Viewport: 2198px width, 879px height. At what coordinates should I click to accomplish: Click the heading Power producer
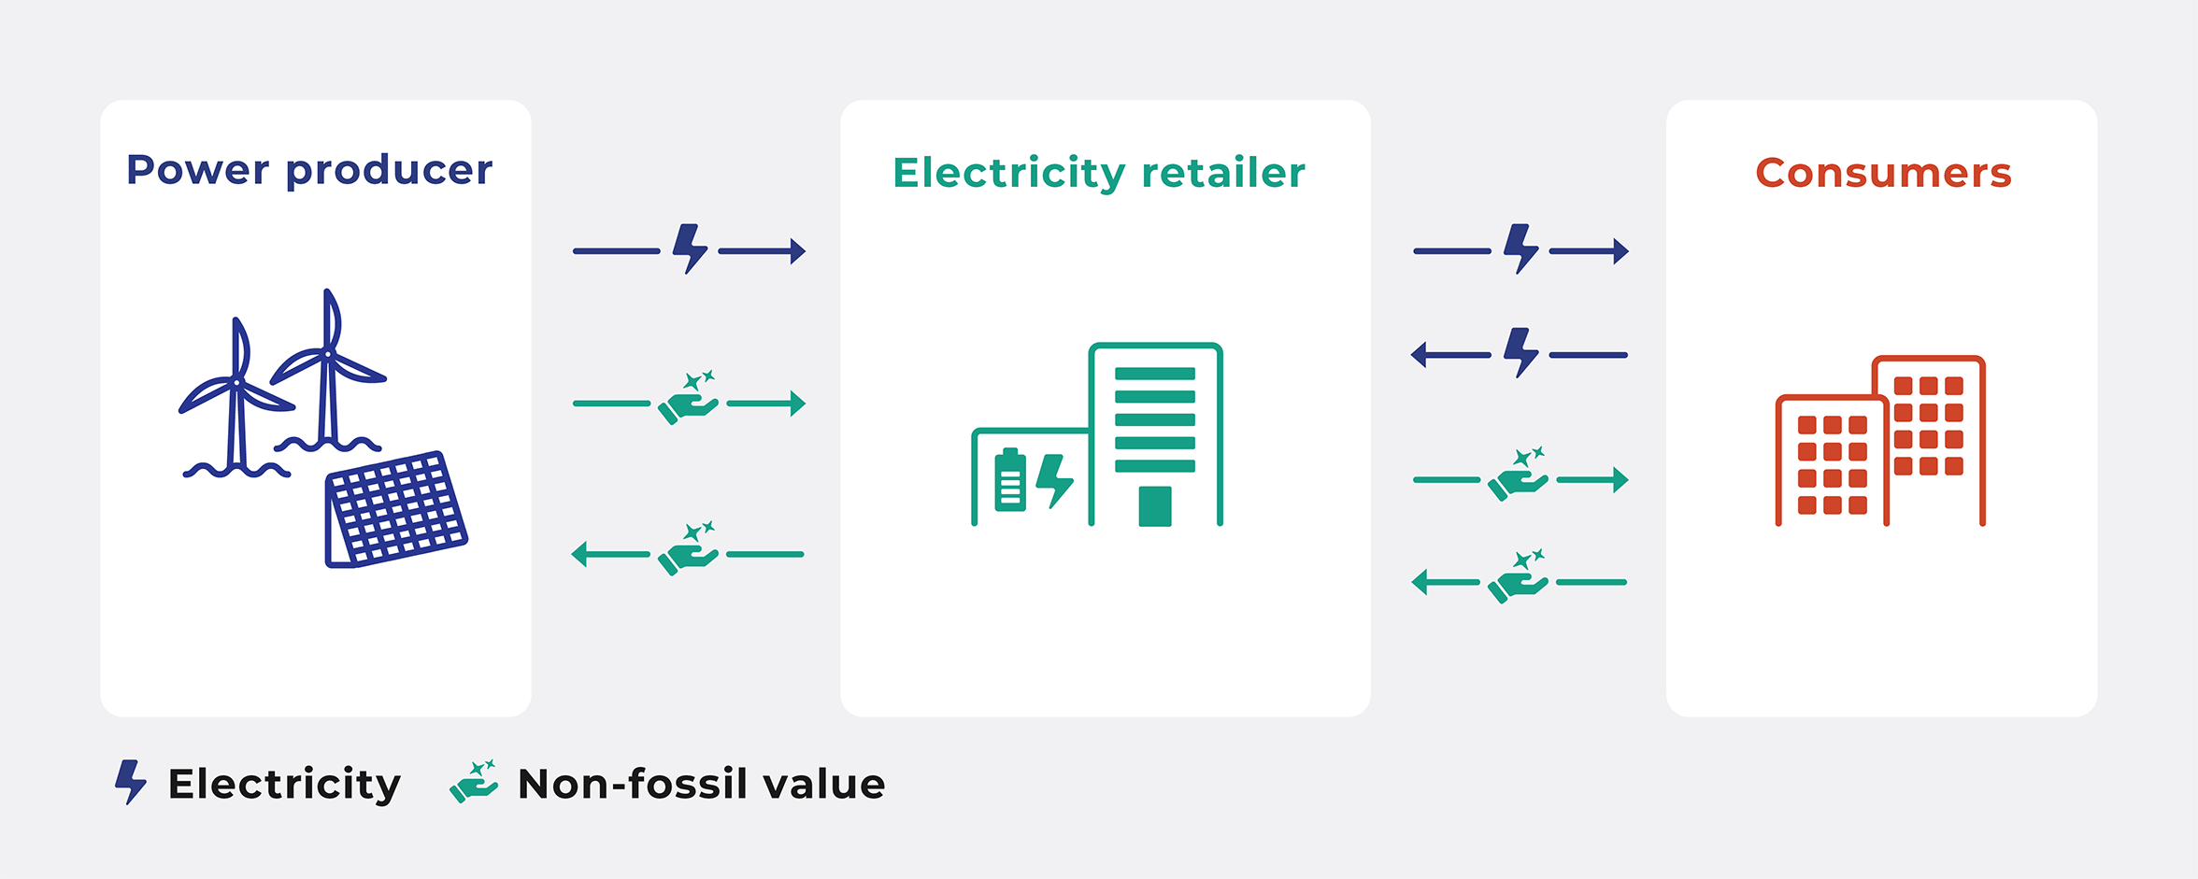pos(309,171)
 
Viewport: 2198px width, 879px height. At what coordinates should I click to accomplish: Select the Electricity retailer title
pos(1099,174)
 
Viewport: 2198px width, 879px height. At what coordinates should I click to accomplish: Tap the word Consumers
pos(1883,173)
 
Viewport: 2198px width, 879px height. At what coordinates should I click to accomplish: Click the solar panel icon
pos(396,509)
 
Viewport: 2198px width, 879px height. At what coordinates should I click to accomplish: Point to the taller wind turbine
pos(328,374)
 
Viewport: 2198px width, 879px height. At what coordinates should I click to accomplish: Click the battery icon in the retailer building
pos(1010,480)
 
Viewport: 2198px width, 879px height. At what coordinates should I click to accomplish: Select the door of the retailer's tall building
pos(1155,506)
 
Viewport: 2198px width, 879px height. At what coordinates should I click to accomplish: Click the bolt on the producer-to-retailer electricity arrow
pos(690,248)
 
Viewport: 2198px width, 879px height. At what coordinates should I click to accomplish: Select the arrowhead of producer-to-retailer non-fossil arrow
pos(797,404)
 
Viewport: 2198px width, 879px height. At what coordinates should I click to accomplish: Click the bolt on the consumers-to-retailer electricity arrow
pos(1521,352)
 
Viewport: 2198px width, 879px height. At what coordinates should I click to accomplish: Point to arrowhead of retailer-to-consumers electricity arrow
pos(1621,251)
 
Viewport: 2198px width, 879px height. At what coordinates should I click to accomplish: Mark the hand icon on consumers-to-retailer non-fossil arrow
pos(1519,576)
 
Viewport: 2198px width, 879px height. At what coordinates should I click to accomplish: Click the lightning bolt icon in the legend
pos(131,782)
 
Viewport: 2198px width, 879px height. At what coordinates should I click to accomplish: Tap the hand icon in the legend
pos(474,782)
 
